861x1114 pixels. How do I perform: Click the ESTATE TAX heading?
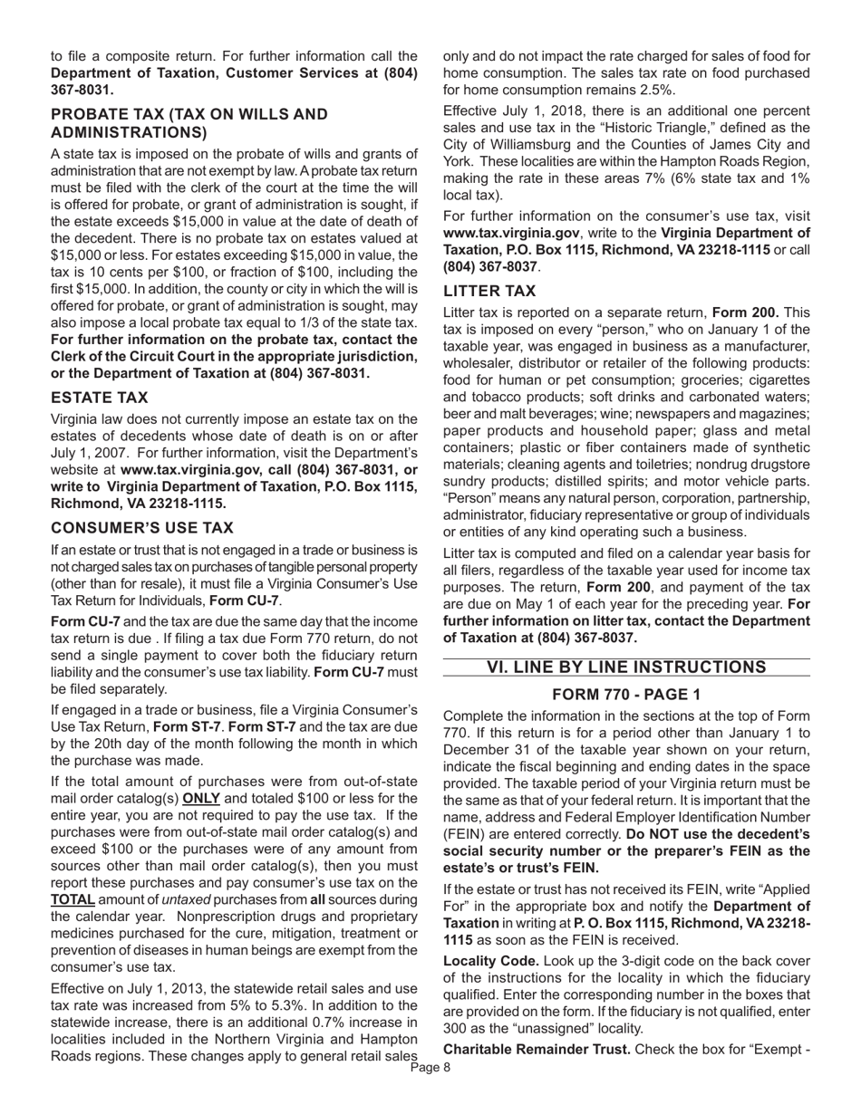[100, 398]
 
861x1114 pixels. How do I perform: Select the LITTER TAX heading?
[489, 291]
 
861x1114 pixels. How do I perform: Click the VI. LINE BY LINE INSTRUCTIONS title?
[626, 667]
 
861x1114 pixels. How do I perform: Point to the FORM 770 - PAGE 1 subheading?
[626, 695]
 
